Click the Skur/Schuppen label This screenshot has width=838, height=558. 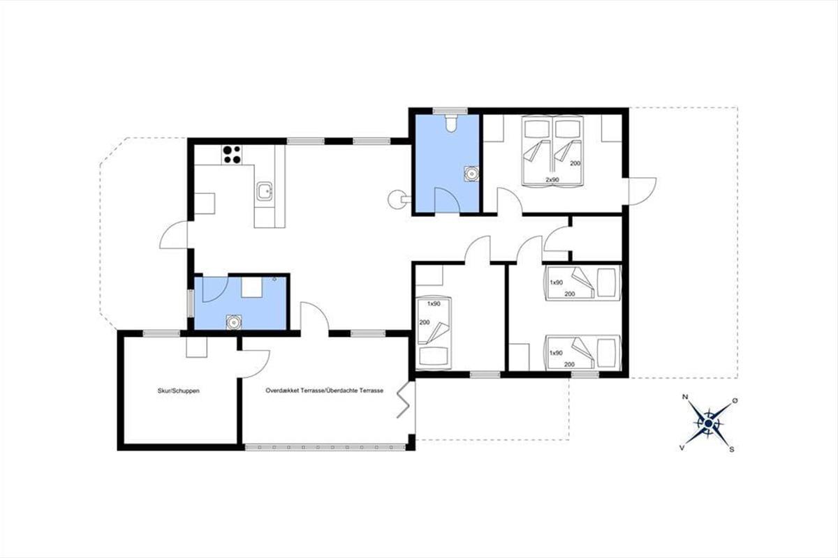[x=179, y=391]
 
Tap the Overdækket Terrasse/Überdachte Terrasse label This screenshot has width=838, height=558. [x=324, y=391]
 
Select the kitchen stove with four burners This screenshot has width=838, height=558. [x=232, y=155]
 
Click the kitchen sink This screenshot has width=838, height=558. [x=265, y=191]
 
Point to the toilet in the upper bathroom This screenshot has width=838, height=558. [x=451, y=123]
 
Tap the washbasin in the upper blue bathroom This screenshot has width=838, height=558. [x=472, y=174]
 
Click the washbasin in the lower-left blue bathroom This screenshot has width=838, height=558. [x=234, y=322]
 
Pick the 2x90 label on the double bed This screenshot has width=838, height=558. [x=552, y=180]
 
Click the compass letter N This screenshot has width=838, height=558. [x=685, y=397]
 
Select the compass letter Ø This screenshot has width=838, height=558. [x=735, y=400]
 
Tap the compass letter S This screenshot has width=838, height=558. [x=731, y=450]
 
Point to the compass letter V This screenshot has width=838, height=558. [x=682, y=448]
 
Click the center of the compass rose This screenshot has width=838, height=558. [x=709, y=423]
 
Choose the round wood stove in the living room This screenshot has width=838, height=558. [x=396, y=199]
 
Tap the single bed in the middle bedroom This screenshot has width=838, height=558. [x=434, y=331]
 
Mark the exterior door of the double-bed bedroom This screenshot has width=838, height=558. [x=642, y=190]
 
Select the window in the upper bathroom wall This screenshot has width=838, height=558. [x=450, y=111]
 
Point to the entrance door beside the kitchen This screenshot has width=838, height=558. [x=173, y=235]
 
